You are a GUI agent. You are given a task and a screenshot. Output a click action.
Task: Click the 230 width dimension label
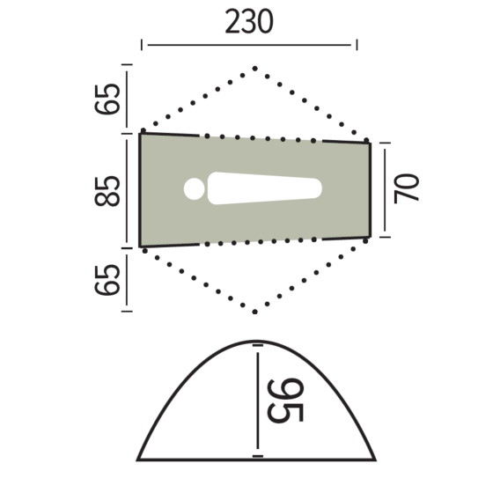coord(249,22)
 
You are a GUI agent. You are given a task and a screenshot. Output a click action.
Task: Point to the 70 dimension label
coord(408,188)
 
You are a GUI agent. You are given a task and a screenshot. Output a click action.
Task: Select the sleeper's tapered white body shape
coord(264,189)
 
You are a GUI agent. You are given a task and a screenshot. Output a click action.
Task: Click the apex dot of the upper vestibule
coord(254,68)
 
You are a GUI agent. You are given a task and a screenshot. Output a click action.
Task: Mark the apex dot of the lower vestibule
coord(254,312)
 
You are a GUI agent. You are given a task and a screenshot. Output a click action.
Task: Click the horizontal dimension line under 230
coord(249,44)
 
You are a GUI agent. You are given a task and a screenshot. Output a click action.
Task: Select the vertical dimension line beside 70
coord(386,188)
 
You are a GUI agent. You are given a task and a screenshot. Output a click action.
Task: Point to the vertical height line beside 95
coord(257,401)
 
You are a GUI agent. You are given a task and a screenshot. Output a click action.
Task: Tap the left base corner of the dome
coord(138,459)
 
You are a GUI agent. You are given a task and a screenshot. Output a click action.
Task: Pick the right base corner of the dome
coord(375,459)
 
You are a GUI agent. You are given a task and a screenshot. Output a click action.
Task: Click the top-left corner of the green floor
coord(142,134)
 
